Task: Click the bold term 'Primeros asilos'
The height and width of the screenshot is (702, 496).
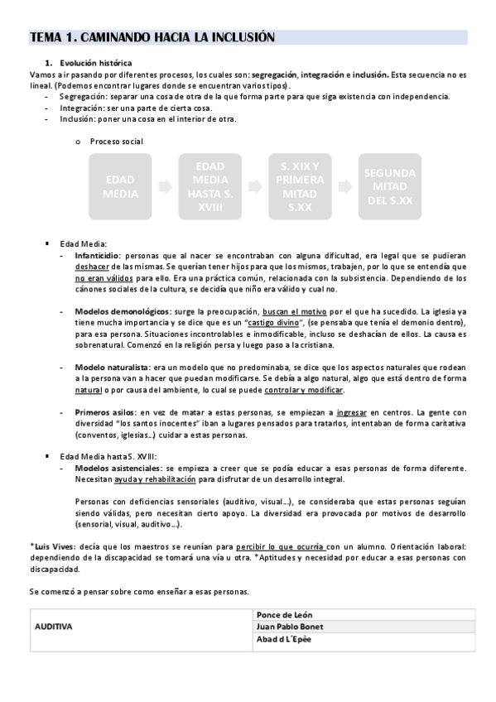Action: pos(104,411)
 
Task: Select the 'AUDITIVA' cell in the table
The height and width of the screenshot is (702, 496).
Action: pos(54,627)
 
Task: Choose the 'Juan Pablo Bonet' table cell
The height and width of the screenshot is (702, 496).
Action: pos(291,627)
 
